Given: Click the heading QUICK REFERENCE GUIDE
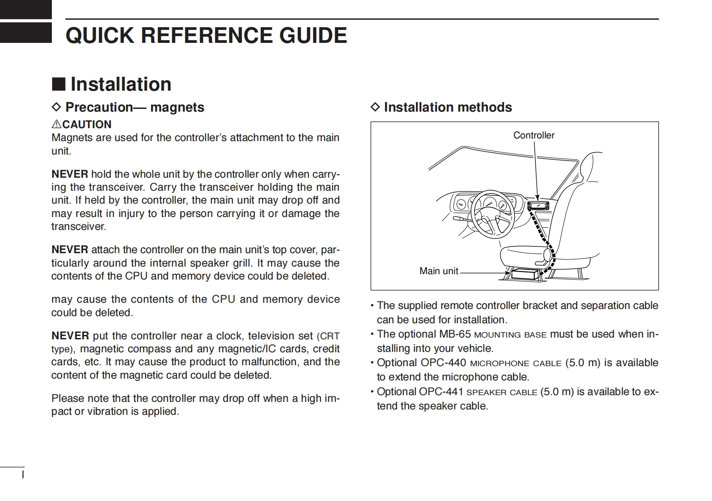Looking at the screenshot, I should pyautogui.click(x=206, y=35).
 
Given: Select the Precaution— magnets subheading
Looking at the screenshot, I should pyautogui.click(x=135, y=107).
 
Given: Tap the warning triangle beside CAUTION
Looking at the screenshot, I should pyautogui.click(x=56, y=124).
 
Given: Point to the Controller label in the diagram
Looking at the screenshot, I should pyautogui.click(x=534, y=135).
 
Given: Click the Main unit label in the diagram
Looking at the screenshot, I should pyautogui.click(x=439, y=271).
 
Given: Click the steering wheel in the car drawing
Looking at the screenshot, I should pyautogui.click(x=492, y=212).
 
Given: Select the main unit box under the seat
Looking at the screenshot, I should pyautogui.click(x=526, y=273).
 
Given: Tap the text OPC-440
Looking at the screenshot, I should pyautogui.click(x=443, y=363).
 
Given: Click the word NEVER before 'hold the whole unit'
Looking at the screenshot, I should pyautogui.click(x=70, y=174).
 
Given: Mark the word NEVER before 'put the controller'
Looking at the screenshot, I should pyautogui.click(x=70, y=336).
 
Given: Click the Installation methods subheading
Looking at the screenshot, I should pyautogui.click(x=448, y=107).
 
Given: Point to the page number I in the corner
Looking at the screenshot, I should pyautogui.click(x=23, y=474).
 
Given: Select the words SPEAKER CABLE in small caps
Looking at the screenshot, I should pyautogui.click(x=502, y=392).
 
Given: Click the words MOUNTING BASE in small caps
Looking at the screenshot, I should pyautogui.click(x=510, y=335).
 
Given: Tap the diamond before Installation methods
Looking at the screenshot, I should pyautogui.click(x=375, y=107).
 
